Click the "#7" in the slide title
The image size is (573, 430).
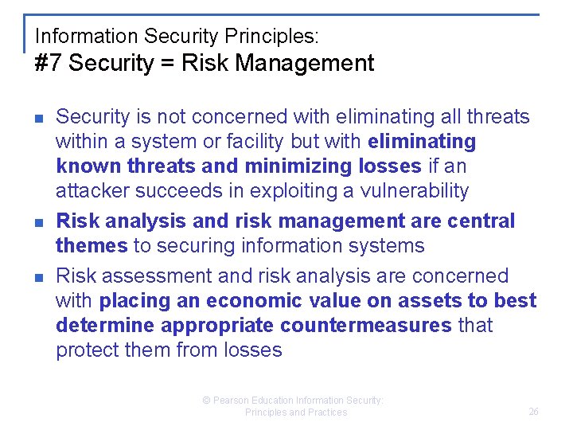click(x=49, y=64)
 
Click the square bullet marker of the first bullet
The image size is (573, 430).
click(x=37, y=118)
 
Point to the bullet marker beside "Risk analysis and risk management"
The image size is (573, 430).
click(x=37, y=222)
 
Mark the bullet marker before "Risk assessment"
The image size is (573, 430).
click(x=37, y=277)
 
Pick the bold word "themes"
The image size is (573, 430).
click(x=92, y=245)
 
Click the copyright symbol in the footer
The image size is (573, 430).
click(x=205, y=401)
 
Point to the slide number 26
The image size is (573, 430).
click(x=533, y=412)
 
